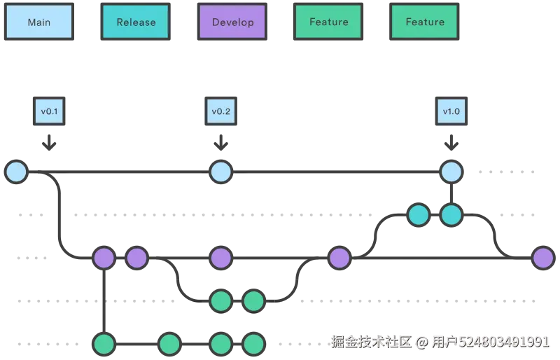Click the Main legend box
click(38, 22)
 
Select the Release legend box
click(136, 22)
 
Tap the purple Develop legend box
click(232, 22)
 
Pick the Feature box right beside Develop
click(328, 22)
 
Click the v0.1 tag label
click(48, 111)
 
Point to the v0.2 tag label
click(221, 111)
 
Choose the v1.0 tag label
click(451, 111)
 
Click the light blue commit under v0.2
click(221, 172)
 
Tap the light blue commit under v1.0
click(451, 172)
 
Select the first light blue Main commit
click(16, 172)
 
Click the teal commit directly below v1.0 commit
click(451, 215)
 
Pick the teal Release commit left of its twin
click(419, 215)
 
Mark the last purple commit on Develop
click(543, 258)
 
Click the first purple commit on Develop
click(104, 258)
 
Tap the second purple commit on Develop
click(136, 258)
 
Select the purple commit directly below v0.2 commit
click(221, 258)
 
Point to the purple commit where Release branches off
click(339, 258)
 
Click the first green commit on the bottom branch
click(104, 344)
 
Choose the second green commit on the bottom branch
click(170, 344)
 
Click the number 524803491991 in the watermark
click(503, 342)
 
